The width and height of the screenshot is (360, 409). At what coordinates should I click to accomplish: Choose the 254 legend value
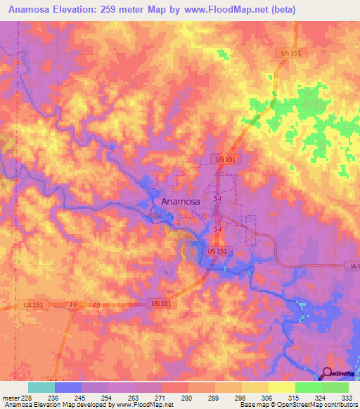(120, 397)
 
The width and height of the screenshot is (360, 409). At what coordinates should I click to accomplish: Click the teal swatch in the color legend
(41, 387)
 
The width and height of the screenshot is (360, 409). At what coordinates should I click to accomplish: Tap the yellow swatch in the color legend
(281, 387)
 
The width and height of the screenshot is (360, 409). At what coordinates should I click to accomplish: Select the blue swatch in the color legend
(67, 387)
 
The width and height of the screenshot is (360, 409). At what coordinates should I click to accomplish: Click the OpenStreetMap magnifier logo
(326, 373)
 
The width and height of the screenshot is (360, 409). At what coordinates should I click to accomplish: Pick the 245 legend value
(94, 397)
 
